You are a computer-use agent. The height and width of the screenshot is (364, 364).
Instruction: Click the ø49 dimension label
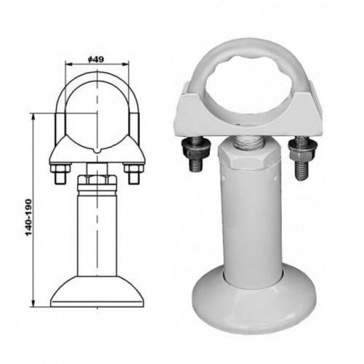click(x=96, y=60)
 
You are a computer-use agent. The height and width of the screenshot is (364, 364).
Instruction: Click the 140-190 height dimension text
click(x=28, y=217)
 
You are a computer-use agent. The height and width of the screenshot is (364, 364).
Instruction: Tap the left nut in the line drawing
click(x=61, y=168)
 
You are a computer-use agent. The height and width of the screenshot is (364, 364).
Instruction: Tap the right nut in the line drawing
click(x=134, y=168)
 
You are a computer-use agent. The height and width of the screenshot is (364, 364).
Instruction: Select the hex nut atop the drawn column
click(x=97, y=180)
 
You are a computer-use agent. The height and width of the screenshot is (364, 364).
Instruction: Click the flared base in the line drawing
click(x=97, y=292)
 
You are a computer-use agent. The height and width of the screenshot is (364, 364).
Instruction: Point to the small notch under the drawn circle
click(x=97, y=151)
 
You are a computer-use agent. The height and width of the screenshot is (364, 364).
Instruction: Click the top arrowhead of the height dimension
click(x=33, y=116)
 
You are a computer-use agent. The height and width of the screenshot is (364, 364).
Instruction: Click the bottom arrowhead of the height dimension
click(x=33, y=304)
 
